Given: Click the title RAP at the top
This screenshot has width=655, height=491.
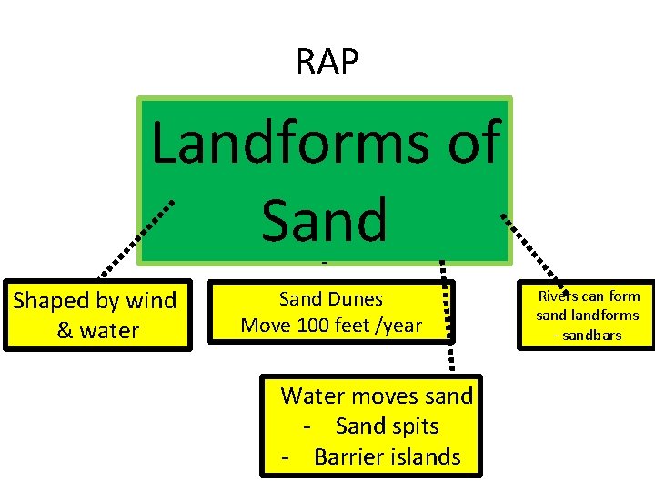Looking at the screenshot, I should pos(327,62).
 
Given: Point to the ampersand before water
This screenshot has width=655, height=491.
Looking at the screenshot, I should pos(65,331).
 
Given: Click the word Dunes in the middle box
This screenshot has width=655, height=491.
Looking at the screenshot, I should pos(357,298).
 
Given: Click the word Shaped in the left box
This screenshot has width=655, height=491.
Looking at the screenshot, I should pos(52,301).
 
